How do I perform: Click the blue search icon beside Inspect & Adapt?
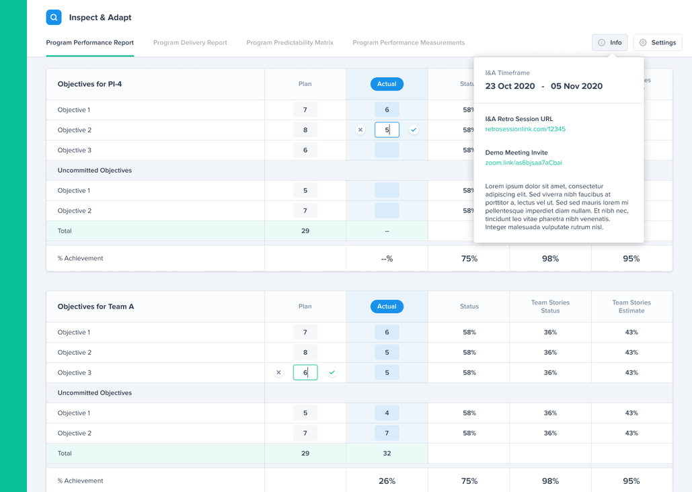tap(54, 17)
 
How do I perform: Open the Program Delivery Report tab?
tap(190, 42)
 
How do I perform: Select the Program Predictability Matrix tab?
tap(290, 42)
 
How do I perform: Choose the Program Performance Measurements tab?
tap(408, 42)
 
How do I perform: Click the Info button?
tap(609, 42)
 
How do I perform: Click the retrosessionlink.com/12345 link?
tap(525, 129)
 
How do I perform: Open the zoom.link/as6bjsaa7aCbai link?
tap(523, 163)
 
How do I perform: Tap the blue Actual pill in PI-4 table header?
tap(387, 84)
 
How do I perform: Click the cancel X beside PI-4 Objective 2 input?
tap(360, 130)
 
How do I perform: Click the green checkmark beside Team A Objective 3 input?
tap(332, 372)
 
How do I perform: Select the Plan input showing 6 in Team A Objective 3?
tap(305, 372)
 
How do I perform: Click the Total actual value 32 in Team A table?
tap(387, 453)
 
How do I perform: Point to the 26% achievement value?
tap(387, 481)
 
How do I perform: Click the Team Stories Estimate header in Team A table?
tap(631, 306)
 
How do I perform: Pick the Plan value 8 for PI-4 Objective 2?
tap(305, 130)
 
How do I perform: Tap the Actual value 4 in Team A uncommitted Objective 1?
tap(387, 413)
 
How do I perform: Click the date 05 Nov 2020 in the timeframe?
tap(576, 86)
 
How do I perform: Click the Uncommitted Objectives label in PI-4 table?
tap(95, 171)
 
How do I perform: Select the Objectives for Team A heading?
tap(95, 306)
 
